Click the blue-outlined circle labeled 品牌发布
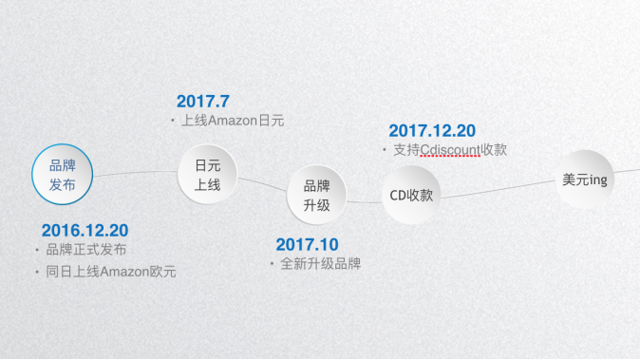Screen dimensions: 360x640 click(63, 174)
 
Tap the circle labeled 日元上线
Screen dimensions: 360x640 click(207, 174)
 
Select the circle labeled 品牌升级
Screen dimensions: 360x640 click(316, 195)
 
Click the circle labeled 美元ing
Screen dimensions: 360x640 click(584, 179)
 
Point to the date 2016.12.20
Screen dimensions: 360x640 click(85, 230)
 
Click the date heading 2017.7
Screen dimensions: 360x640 click(203, 101)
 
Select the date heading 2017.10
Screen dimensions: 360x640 click(307, 244)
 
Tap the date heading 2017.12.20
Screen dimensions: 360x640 click(432, 131)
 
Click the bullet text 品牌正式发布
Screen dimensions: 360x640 click(86, 250)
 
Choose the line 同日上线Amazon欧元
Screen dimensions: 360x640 click(111, 272)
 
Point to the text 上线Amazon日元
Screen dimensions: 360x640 click(233, 121)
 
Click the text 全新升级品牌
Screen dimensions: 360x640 click(321, 263)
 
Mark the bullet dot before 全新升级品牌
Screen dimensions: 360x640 click(273, 263)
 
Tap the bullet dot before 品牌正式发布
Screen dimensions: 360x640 click(38, 250)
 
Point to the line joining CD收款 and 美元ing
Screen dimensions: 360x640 click(498, 188)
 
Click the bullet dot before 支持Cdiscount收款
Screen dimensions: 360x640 click(385, 150)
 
